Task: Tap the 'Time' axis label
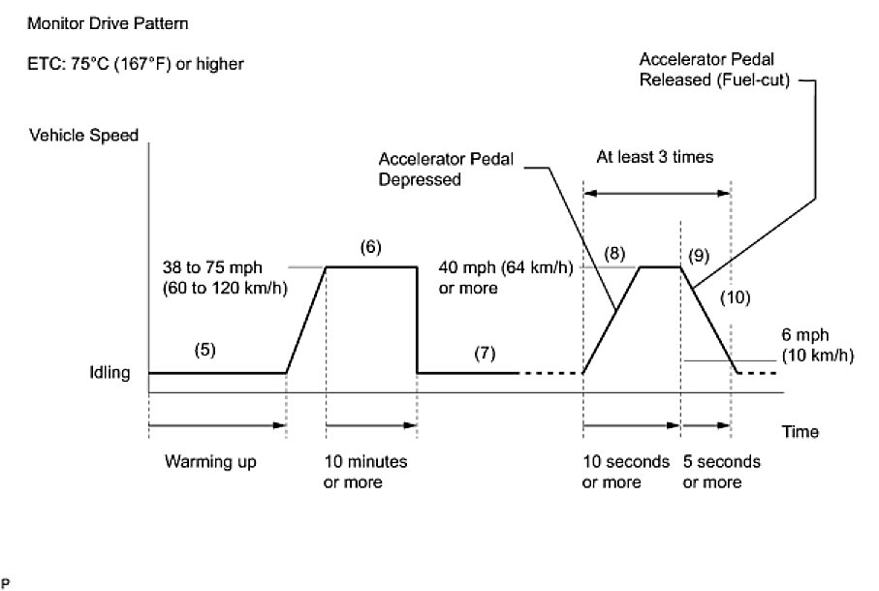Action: pyautogui.click(x=800, y=432)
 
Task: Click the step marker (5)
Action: pyautogui.click(x=204, y=351)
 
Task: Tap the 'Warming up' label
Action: pyautogui.click(x=210, y=462)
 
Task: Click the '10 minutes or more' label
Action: pyautogui.click(x=364, y=472)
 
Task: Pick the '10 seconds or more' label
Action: pyautogui.click(x=625, y=472)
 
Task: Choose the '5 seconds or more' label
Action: pyautogui.click(x=722, y=472)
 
